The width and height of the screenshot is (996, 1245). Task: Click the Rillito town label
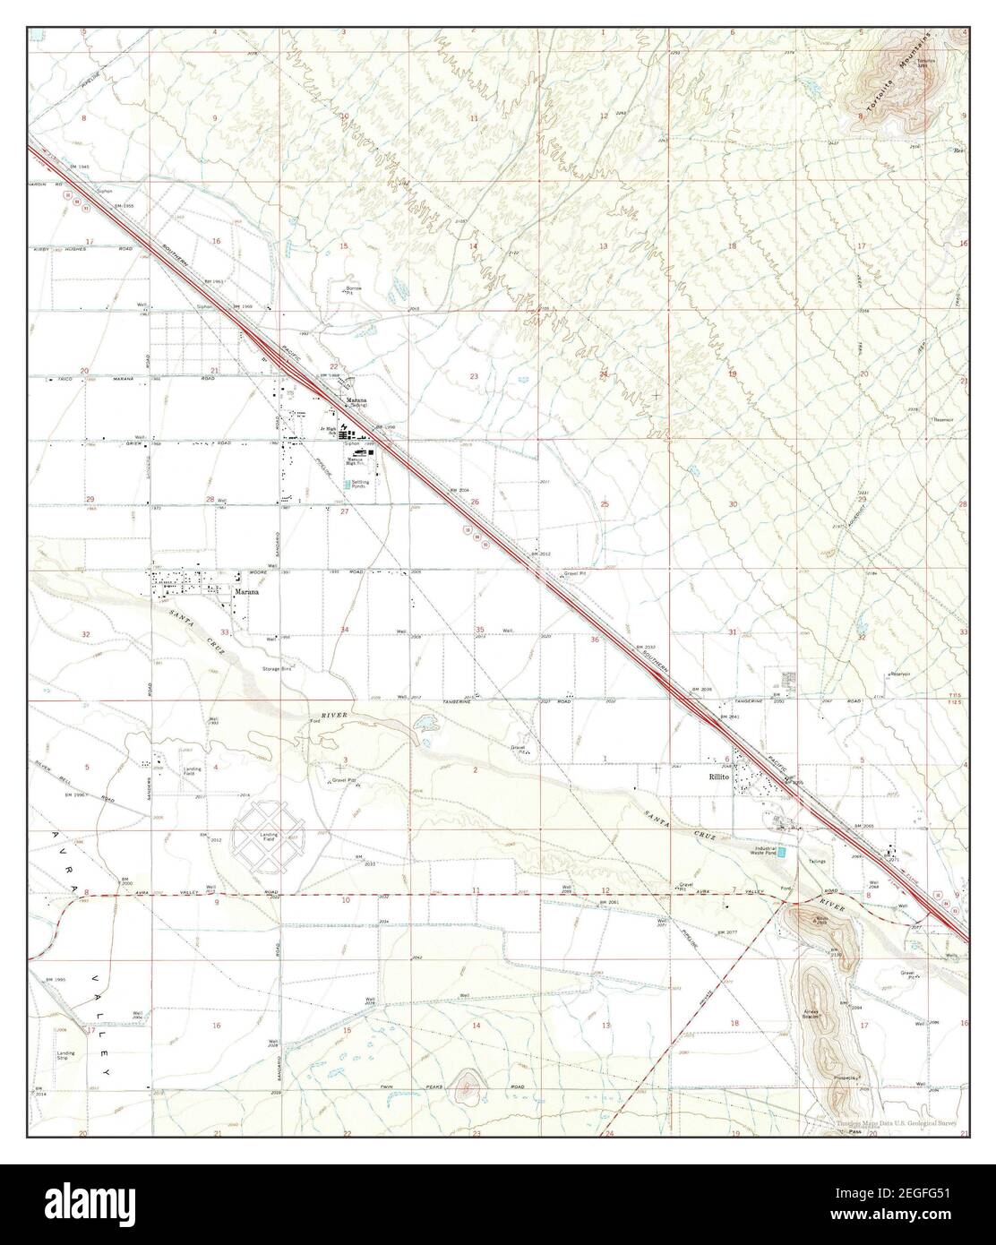click(x=713, y=777)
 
